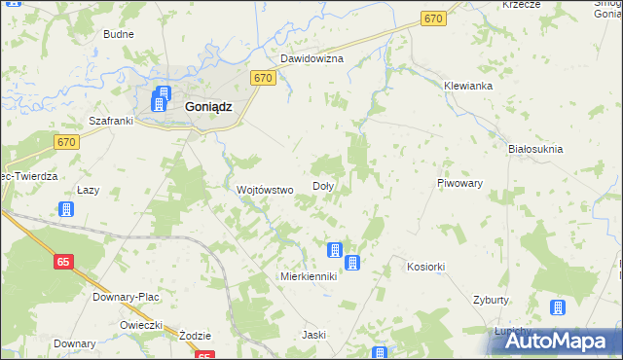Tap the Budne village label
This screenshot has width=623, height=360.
coord(119,34)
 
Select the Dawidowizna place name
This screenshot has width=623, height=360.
coord(312,58)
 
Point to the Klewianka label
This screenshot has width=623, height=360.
coord(468,86)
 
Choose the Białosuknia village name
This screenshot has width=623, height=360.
coord(536,149)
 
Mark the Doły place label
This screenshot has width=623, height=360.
coord(323,186)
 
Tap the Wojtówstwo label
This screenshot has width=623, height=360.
coord(265,190)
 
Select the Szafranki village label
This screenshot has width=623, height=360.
coord(110,123)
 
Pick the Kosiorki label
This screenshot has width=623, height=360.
coord(426,267)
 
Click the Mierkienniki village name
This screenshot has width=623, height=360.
coord(308,276)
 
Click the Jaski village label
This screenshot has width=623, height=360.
coord(313,335)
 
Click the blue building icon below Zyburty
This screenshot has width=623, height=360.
coord(557,308)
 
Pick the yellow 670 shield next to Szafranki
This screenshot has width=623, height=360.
coord(66,142)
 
